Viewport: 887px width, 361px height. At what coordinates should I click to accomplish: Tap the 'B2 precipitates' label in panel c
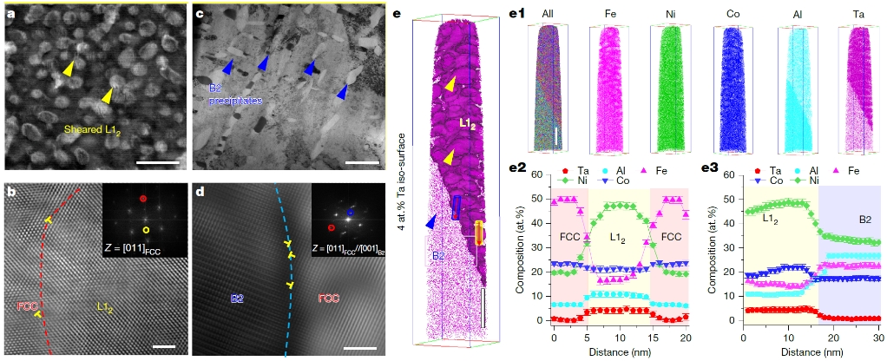tap(233, 95)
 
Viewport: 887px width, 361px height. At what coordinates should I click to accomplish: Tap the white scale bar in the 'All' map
tap(557, 136)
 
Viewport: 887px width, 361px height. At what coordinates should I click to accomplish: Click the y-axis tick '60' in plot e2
tap(538, 176)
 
